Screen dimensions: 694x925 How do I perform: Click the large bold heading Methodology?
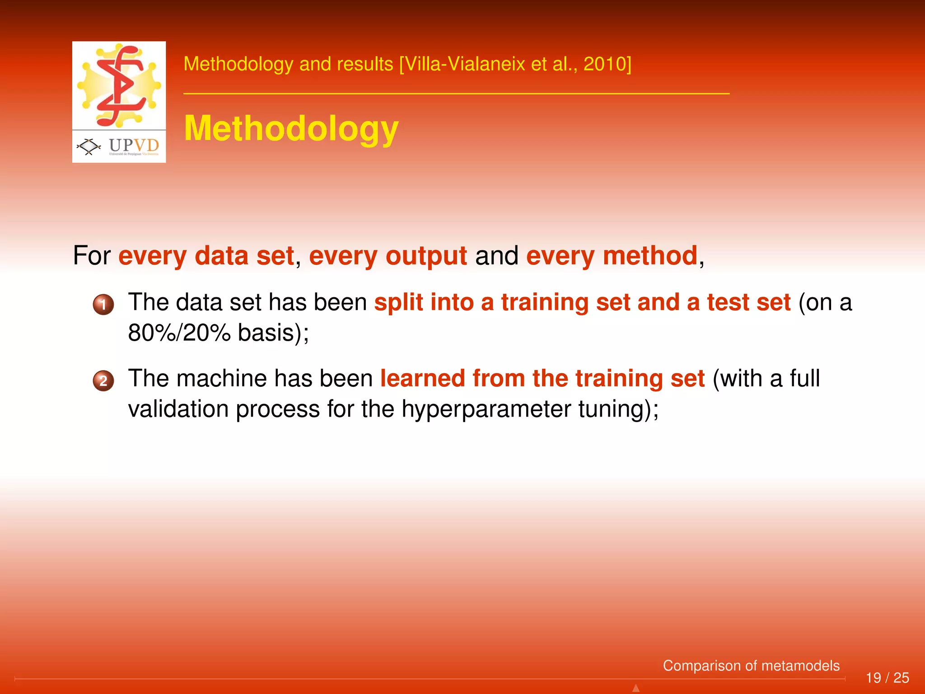[x=291, y=129]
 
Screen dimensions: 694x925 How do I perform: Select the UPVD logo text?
[x=134, y=145]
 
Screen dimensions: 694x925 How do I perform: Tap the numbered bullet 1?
[x=103, y=305]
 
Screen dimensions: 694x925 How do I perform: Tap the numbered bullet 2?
[x=103, y=380]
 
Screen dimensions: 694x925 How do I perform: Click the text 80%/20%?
[x=179, y=333]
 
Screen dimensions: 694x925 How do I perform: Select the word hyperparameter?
[x=486, y=409]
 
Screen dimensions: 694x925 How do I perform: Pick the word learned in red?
[x=422, y=378]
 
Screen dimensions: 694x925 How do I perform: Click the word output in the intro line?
[x=426, y=256]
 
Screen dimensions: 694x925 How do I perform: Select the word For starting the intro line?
[x=92, y=256]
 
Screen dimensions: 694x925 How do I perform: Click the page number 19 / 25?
[x=887, y=678]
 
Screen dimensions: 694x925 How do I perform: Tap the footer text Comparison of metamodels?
[x=751, y=666]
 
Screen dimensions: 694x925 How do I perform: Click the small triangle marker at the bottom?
[x=636, y=688]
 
